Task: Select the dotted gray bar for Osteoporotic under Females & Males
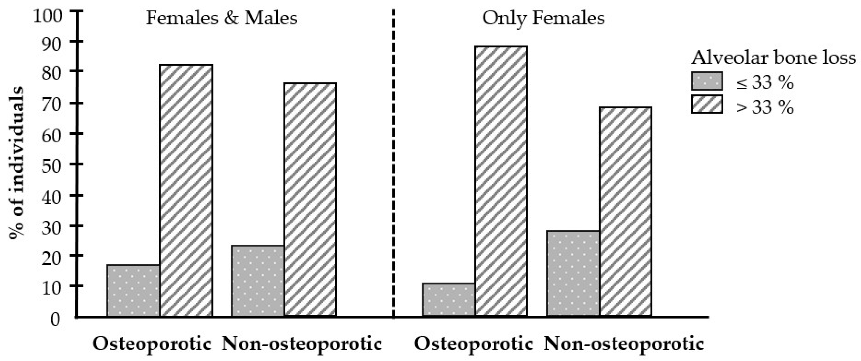(133, 290)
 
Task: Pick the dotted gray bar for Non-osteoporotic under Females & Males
(258, 281)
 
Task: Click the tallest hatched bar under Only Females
(501, 181)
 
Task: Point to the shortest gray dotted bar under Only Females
(449, 299)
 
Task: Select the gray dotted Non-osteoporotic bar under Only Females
(573, 273)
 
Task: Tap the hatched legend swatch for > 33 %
(707, 104)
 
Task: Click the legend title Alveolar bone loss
(774, 58)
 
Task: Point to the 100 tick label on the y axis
(48, 16)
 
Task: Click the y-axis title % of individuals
(17, 163)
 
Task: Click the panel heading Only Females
(543, 18)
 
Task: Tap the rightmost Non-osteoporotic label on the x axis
(624, 344)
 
